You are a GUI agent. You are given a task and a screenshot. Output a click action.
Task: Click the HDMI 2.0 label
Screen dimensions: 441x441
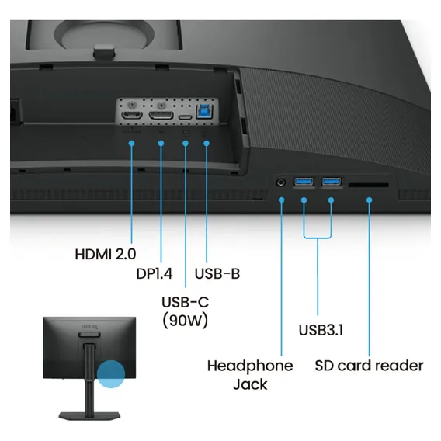tap(106, 254)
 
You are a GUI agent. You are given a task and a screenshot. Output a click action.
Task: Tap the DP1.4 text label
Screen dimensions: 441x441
tap(155, 273)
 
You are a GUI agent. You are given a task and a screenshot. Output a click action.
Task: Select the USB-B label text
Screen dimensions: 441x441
tap(217, 273)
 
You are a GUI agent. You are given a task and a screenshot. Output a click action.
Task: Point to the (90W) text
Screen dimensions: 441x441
tap(186, 321)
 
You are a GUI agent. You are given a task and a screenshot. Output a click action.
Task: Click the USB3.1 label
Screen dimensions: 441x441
tap(321, 330)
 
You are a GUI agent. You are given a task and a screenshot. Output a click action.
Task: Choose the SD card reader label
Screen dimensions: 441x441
tap(369, 366)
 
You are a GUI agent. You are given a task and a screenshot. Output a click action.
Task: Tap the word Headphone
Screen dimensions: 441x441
tap(250, 366)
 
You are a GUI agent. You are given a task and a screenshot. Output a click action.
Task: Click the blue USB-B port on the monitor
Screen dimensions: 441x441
tap(204, 111)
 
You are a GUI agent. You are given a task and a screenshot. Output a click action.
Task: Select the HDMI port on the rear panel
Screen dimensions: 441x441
tap(132, 115)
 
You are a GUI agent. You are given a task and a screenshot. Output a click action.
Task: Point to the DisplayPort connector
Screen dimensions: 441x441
tap(161, 115)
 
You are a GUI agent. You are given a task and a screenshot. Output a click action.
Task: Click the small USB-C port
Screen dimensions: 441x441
tap(186, 117)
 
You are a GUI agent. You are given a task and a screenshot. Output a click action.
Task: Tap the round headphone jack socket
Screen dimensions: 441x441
tap(281, 182)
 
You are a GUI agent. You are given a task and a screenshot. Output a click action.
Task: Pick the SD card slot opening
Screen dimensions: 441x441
tap(369, 185)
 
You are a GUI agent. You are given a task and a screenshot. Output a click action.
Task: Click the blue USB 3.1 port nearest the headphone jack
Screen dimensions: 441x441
tap(304, 182)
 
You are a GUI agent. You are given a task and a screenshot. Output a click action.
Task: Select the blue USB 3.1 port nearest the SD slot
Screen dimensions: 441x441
tap(332, 182)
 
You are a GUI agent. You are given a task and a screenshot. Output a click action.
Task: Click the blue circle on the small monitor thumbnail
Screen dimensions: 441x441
tap(111, 374)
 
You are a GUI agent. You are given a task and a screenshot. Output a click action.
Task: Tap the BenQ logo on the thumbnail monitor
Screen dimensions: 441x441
tap(89, 327)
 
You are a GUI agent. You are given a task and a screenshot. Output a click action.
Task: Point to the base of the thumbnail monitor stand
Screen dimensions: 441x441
tap(89, 415)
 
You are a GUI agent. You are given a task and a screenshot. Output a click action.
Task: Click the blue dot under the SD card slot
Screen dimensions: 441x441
tap(370, 200)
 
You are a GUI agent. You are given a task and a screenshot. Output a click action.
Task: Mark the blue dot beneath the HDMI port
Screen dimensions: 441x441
tap(131, 143)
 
